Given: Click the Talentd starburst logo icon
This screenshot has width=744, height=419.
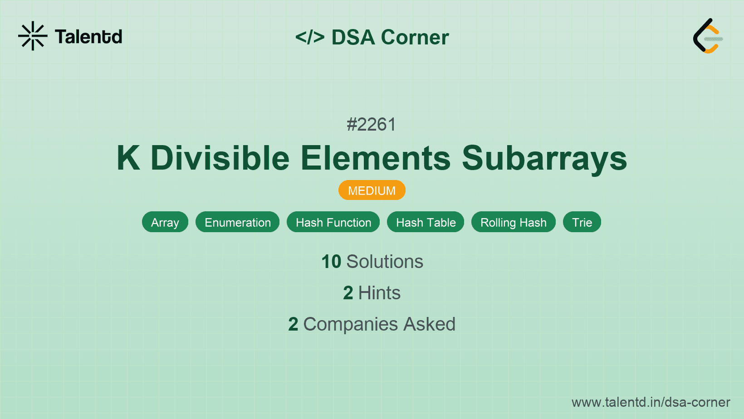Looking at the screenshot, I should (33, 36).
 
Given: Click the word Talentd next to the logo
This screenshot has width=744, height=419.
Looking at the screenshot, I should (88, 37).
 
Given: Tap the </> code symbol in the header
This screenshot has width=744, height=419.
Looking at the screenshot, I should (310, 37).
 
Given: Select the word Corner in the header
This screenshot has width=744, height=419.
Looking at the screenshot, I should (415, 37).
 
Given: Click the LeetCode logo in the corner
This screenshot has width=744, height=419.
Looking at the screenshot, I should (707, 36).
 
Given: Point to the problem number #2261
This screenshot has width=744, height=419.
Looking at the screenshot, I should (372, 124).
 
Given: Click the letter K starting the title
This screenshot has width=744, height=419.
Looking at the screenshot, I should (128, 158).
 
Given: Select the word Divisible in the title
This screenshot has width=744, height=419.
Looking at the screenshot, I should (220, 158).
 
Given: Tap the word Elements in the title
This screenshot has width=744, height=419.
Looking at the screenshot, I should (376, 158).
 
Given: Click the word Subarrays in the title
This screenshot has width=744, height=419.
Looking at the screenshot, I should (544, 158).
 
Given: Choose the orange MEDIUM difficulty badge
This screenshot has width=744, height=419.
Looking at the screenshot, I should (372, 190).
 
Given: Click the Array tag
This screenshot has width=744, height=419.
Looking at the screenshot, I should (165, 222).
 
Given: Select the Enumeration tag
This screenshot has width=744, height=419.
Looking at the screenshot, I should (238, 222).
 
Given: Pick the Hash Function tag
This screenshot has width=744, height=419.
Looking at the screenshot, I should (333, 222).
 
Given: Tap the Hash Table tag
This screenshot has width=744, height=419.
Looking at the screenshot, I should (426, 222).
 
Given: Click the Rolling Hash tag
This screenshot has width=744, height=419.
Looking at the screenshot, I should (514, 222).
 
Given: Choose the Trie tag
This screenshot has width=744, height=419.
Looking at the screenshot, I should (582, 222).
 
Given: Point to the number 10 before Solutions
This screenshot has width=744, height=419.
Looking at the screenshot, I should (331, 262).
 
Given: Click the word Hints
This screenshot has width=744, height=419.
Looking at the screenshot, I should (379, 293).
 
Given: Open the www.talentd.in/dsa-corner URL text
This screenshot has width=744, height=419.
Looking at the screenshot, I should (651, 402).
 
